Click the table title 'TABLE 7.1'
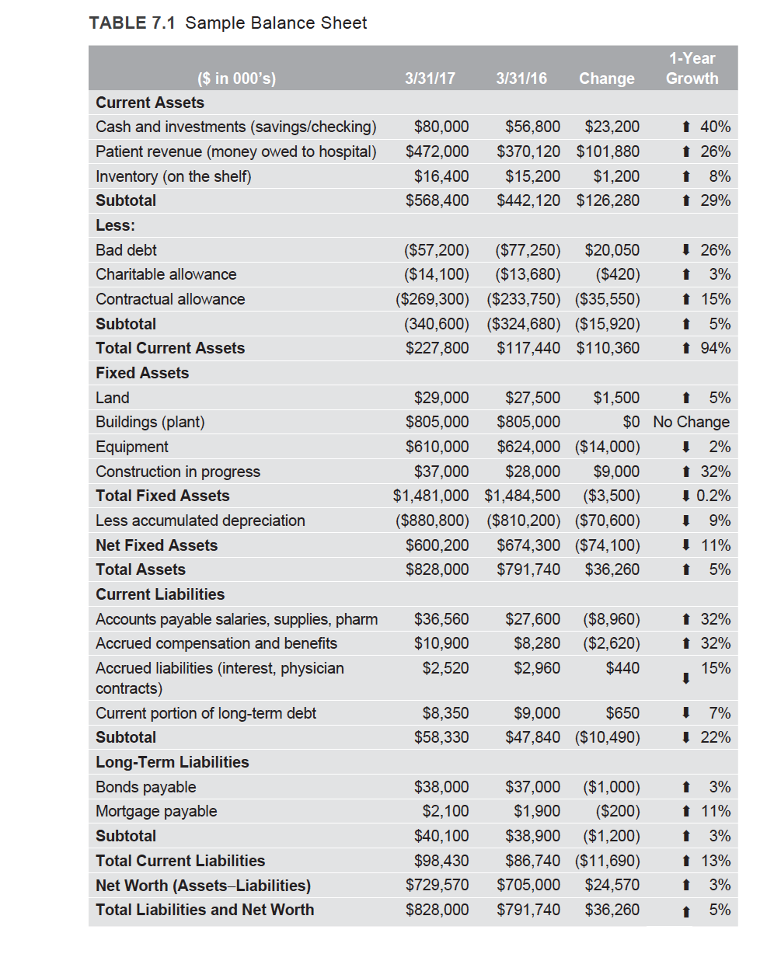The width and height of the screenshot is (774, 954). coord(133,23)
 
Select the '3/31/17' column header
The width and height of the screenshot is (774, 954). coord(430,78)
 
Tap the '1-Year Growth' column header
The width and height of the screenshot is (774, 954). coord(692,68)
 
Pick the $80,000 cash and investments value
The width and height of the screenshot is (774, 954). coord(441,127)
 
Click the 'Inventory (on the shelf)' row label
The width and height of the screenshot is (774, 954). coord(173,176)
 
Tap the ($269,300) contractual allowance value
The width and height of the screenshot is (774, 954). coord(433,299)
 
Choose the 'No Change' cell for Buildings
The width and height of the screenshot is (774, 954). coord(691,422)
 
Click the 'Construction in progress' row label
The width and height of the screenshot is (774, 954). coord(178,472)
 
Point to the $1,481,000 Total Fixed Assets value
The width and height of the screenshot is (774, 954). coord(431,496)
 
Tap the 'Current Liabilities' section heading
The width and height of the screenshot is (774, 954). coord(160,594)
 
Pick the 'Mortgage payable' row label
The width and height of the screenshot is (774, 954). coord(156,811)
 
